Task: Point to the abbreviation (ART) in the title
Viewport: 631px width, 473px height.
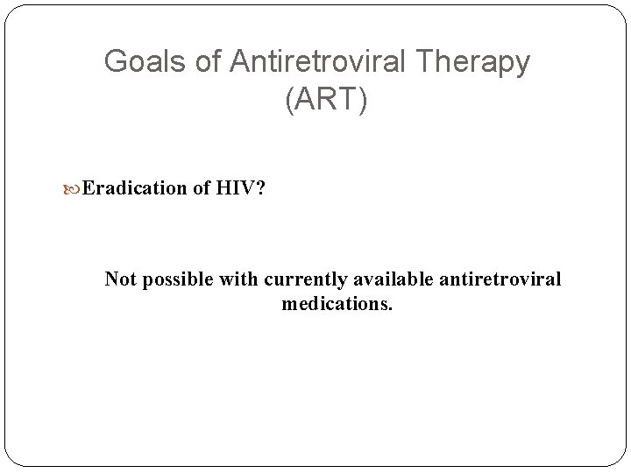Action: pos(327,100)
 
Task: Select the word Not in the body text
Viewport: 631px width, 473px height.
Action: pos(121,279)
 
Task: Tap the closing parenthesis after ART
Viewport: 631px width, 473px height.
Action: pos(364,100)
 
